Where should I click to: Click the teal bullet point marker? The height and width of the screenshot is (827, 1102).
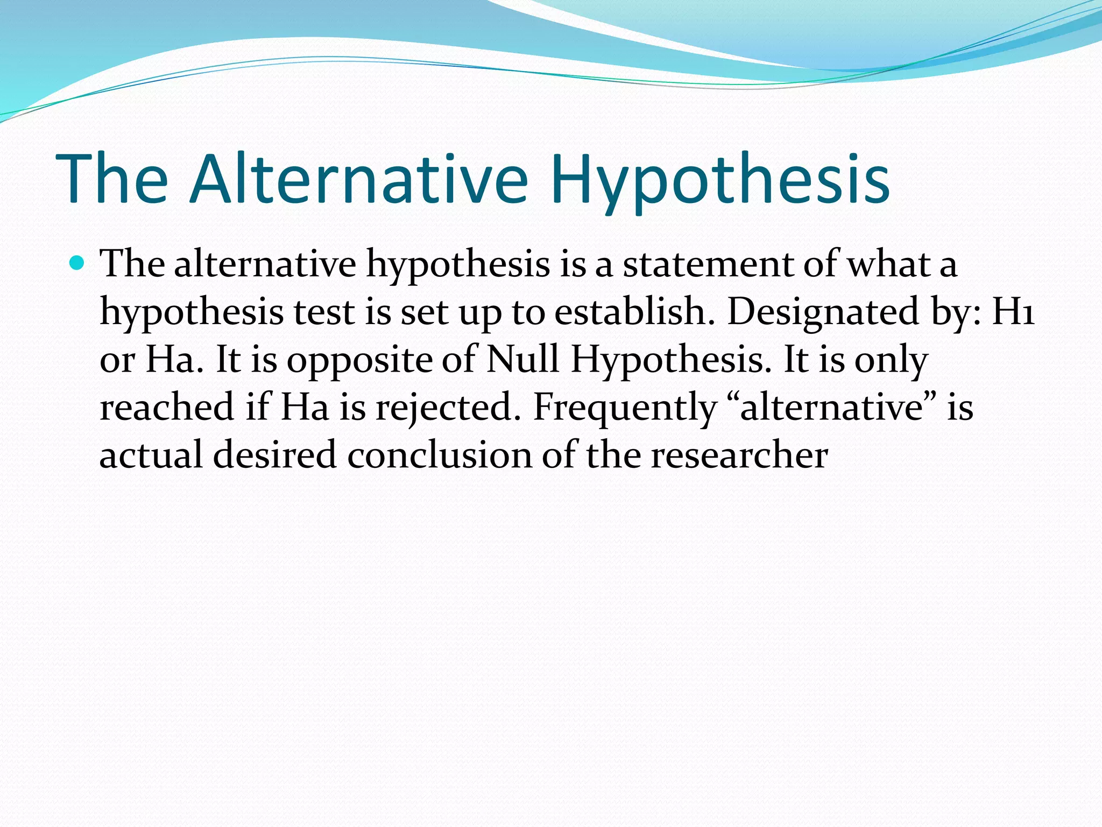pyautogui.click(x=77, y=263)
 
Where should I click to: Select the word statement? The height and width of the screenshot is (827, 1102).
pyautogui.click(x=708, y=264)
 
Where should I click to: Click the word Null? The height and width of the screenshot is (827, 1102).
pyautogui.click(x=522, y=359)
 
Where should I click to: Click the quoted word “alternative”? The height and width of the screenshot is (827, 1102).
pyautogui.click(x=832, y=408)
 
